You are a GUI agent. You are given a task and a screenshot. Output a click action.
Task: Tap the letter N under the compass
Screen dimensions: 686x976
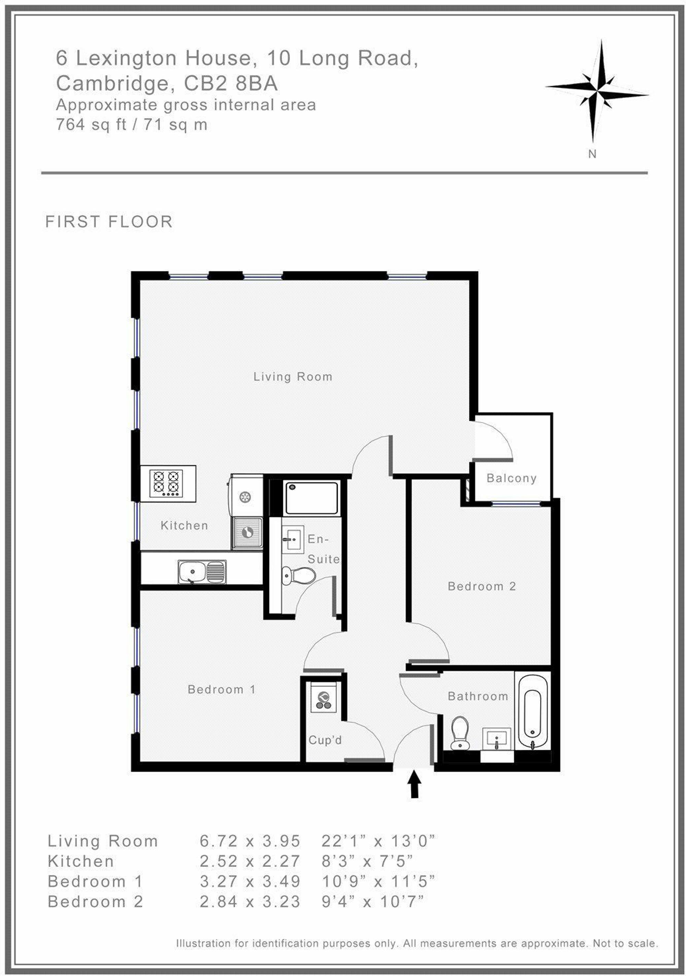tap(592, 154)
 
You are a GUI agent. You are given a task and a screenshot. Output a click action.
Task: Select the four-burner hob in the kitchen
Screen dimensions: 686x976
tap(168, 483)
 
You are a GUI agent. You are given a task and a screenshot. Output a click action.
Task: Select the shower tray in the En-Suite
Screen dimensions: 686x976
tap(311, 498)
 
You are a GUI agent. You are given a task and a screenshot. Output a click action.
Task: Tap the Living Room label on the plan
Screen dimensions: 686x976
tap(293, 377)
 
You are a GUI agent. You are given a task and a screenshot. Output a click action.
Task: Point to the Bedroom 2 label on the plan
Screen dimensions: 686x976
tap(482, 587)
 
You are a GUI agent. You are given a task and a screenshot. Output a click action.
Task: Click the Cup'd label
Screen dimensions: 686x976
tap(325, 740)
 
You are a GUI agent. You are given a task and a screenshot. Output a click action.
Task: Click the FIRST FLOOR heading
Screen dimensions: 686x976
tap(109, 222)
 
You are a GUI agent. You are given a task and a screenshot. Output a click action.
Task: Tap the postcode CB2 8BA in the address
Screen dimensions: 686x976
tap(230, 83)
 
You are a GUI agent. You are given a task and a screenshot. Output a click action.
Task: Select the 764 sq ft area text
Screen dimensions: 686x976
tap(91, 124)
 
